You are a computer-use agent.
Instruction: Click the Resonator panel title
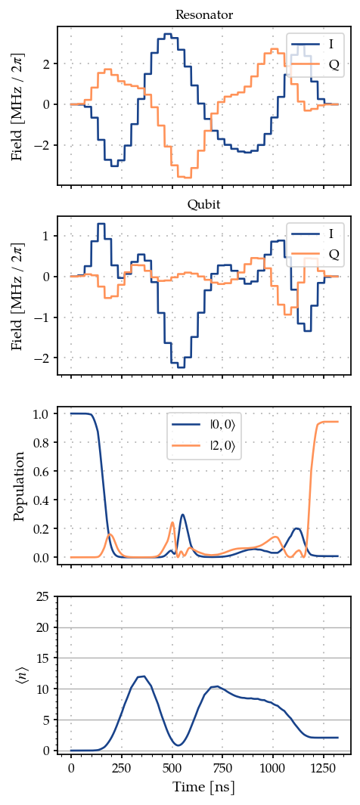click(x=204, y=15)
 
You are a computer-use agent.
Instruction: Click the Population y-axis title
click(x=20, y=486)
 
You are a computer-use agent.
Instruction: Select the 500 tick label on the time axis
click(x=172, y=767)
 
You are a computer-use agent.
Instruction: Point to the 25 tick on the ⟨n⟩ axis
click(x=44, y=597)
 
